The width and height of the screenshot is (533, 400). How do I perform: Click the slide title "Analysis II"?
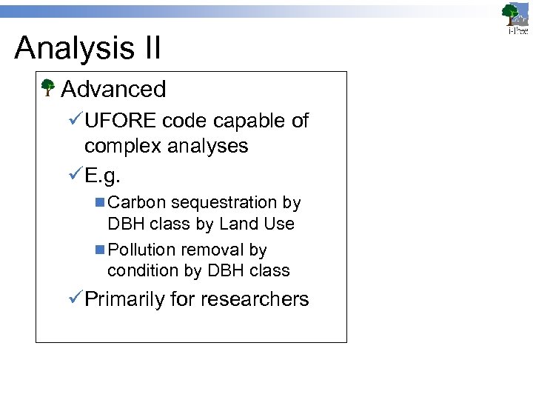coord(87,48)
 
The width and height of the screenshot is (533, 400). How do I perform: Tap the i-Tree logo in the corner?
coord(515,19)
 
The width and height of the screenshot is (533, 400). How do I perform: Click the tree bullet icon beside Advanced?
coord(48,89)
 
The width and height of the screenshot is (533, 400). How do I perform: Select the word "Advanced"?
coord(113,89)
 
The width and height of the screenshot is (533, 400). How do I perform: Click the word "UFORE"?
coord(121,121)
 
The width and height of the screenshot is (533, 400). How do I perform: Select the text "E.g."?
coord(103,176)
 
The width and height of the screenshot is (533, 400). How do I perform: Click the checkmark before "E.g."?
coord(73,176)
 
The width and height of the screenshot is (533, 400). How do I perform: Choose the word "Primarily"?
coord(124,299)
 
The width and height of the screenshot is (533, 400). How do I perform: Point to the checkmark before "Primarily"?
coord(73,299)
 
